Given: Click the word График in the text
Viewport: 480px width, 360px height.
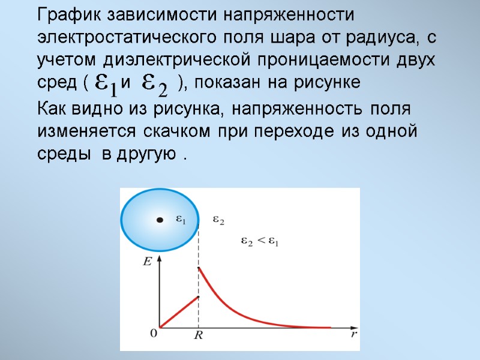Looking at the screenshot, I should click(68, 14).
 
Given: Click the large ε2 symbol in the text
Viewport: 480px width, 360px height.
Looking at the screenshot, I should click(155, 85).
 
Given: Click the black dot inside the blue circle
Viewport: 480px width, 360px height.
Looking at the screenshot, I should click(160, 221).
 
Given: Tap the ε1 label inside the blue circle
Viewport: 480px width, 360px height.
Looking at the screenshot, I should click(180, 221).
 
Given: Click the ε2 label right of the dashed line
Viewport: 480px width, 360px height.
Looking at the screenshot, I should click(218, 221).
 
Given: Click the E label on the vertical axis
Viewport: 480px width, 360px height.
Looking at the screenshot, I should click(147, 261).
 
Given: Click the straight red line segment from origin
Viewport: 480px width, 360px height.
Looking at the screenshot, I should click(179, 311).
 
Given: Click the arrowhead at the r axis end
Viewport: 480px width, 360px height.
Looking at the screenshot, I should click(350, 328).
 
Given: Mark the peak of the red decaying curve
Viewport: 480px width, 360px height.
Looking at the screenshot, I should click(199, 268).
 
